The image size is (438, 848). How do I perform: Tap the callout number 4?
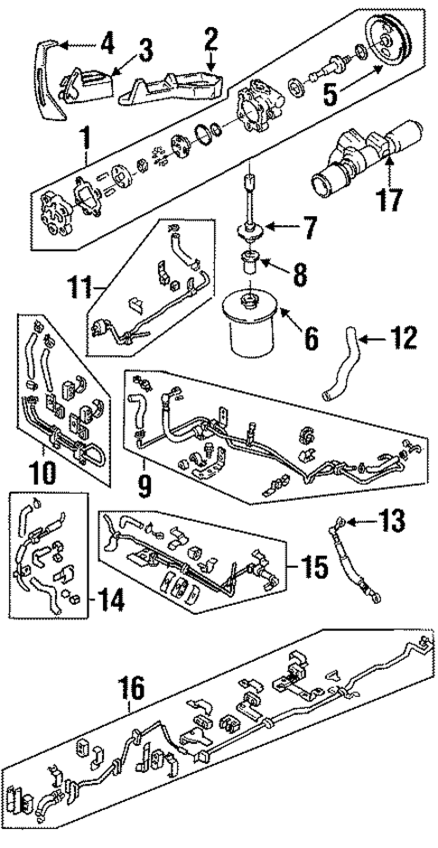(107, 41)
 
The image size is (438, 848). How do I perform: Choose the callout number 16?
(132, 689)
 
